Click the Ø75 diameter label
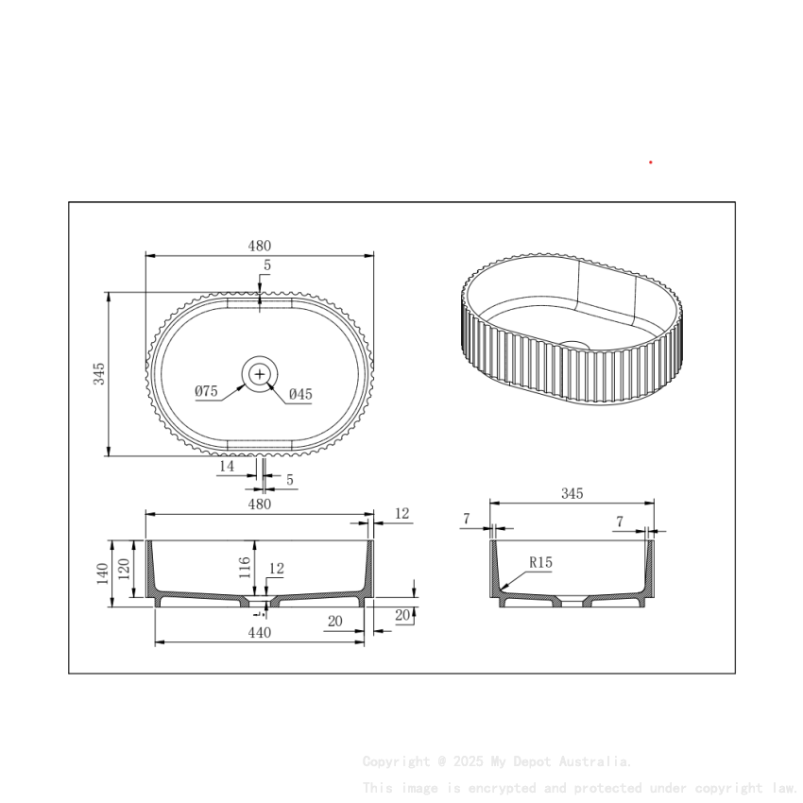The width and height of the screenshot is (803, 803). click(x=207, y=391)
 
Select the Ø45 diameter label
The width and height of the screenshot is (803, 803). click(x=300, y=394)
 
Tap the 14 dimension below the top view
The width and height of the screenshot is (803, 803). click(x=227, y=467)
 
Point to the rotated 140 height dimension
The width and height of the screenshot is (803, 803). click(x=102, y=573)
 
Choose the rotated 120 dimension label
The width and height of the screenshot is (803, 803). click(x=123, y=569)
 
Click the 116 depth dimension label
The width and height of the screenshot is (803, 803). click(x=245, y=567)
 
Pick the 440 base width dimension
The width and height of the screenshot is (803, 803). click(x=260, y=633)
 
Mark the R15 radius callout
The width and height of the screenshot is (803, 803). click(x=540, y=563)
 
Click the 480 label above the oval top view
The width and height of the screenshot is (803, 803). click(x=260, y=246)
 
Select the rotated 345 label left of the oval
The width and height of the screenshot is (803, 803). click(x=99, y=374)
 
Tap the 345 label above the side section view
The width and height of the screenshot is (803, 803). click(x=572, y=494)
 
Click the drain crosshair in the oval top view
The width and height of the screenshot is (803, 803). click(x=260, y=375)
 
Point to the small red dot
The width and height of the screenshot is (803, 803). click(x=651, y=162)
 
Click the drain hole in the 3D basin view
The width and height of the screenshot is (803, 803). click(x=572, y=346)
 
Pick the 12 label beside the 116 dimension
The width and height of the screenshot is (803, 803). click(x=277, y=569)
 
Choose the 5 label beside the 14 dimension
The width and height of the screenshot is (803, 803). click(x=289, y=480)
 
